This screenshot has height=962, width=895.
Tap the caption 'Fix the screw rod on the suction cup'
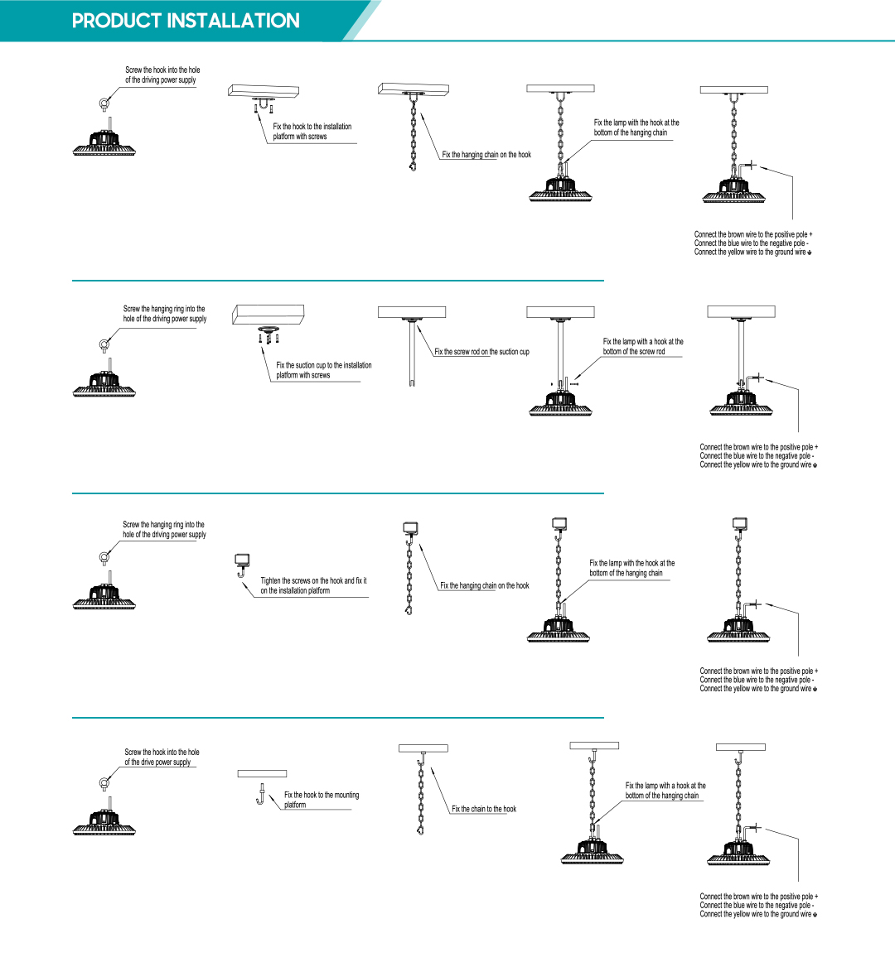(481, 352)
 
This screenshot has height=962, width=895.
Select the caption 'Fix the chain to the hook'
(484, 809)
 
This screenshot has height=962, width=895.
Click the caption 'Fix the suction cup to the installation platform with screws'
(323, 370)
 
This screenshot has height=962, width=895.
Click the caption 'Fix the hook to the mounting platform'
(321, 799)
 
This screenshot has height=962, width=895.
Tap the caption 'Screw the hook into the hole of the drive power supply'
(162, 757)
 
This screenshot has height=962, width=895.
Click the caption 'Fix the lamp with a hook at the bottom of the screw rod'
(643, 346)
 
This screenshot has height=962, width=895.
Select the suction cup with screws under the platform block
(268, 333)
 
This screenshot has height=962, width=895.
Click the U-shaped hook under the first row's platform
(263, 105)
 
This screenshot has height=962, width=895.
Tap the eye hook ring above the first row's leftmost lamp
(104, 103)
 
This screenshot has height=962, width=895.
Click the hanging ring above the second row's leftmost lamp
(104, 344)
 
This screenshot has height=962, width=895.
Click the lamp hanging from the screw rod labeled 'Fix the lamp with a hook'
(561, 402)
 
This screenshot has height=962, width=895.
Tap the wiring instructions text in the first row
(752, 243)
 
